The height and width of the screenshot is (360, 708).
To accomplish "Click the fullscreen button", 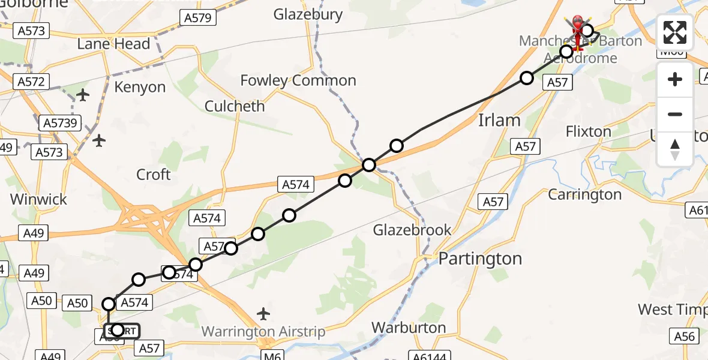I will [675, 32].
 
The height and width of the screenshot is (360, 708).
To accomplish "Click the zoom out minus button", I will [675, 114].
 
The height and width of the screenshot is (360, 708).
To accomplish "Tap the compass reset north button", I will [675, 149].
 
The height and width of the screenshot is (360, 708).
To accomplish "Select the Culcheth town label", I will [235, 106].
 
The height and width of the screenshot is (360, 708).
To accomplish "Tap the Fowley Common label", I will [298, 80].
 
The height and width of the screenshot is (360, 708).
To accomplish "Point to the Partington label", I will [480, 259].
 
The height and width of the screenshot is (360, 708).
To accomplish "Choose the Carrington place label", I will [585, 194].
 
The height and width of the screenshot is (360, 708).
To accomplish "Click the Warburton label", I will [409, 328].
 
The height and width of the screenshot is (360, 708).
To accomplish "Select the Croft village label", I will [154, 175].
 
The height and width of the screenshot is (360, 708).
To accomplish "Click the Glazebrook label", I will [413, 230].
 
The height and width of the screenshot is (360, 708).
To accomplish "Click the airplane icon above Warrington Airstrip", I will [263, 314].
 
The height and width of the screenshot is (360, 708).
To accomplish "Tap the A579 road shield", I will [197, 18].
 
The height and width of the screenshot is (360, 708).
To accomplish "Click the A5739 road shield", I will [59, 123].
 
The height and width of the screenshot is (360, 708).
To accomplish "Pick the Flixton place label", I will [589, 131].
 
